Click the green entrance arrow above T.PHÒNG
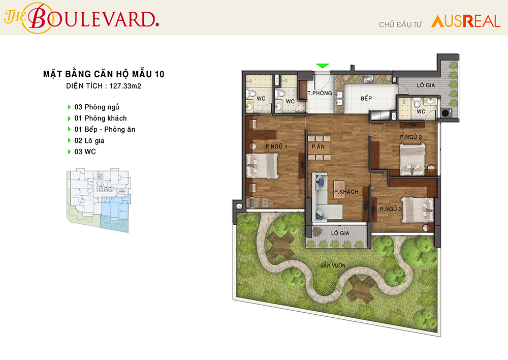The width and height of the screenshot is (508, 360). [x=323, y=66]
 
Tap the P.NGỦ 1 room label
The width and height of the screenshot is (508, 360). [x=276, y=146]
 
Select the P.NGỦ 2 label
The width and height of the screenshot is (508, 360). [x=411, y=137]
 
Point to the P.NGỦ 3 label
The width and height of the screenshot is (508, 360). [x=391, y=209]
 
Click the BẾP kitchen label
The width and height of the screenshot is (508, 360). [x=366, y=98]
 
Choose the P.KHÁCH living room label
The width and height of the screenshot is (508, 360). [x=346, y=192]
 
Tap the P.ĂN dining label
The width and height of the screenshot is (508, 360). [x=318, y=146]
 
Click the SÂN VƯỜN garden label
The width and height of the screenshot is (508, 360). [x=333, y=265]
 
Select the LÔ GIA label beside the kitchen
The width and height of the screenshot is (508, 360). [x=426, y=85]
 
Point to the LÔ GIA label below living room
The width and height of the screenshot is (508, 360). [x=340, y=233]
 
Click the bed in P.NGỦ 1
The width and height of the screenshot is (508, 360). [x=263, y=166]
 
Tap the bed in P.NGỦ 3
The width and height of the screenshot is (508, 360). [x=418, y=210]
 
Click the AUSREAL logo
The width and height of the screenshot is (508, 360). [x=465, y=21]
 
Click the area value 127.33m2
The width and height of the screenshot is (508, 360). [x=125, y=86]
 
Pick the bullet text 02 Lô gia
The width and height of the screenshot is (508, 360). [x=89, y=141]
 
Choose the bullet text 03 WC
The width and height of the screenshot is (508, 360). [x=85, y=152]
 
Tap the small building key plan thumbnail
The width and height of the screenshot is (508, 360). [x=99, y=200]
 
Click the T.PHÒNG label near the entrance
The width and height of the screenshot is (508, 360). [x=320, y=93]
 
